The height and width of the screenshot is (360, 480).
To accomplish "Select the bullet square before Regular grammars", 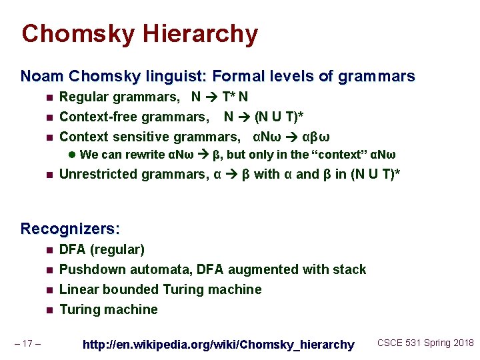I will click(49, 98).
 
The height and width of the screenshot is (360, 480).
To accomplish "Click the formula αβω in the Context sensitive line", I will click(315, 137).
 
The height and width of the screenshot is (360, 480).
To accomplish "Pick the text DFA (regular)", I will click(102, 250).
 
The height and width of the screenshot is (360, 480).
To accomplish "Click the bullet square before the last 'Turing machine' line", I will click(49, 310).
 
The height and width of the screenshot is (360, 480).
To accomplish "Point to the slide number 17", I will click(29, 343).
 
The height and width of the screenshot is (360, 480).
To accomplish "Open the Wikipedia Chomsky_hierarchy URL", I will click(218, 344).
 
